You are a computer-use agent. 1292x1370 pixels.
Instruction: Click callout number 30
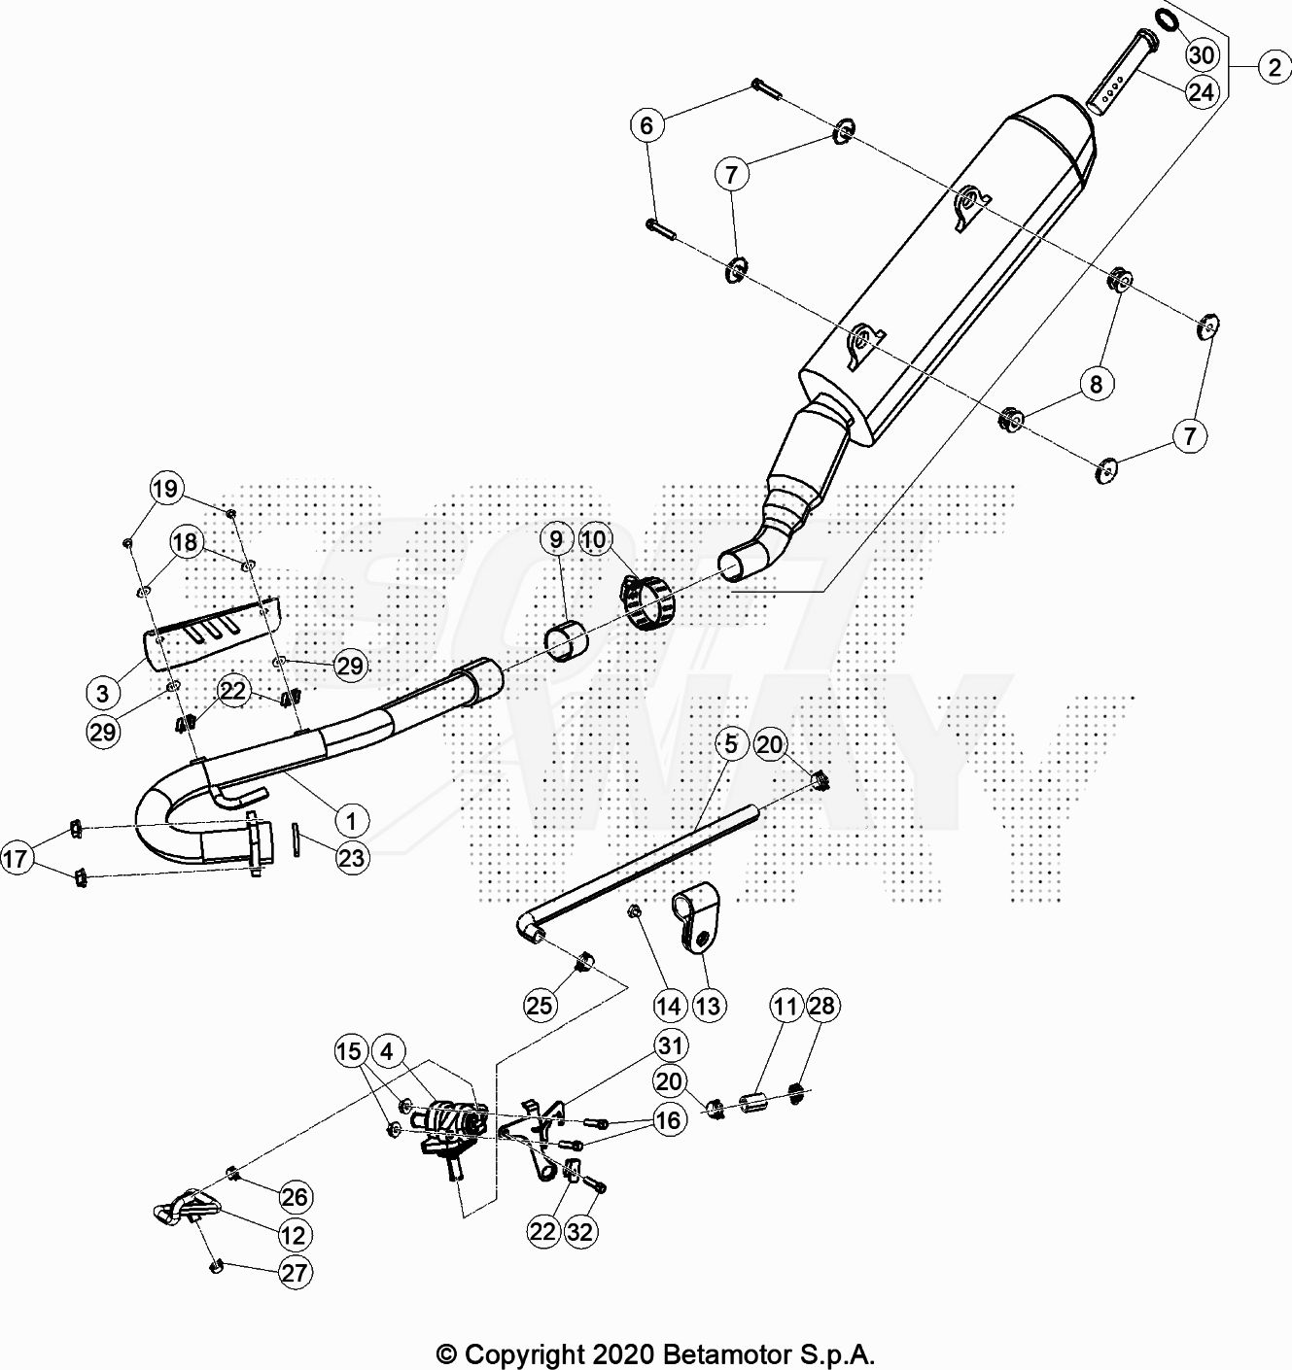tap(1203, 54)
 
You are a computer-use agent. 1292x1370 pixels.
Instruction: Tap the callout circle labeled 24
tap(1203, 91)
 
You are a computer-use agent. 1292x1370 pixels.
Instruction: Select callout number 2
tap(1275, 67)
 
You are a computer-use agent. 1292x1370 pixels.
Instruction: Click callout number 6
tap(647, 125)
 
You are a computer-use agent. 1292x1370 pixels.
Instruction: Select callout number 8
tap(1097, 384)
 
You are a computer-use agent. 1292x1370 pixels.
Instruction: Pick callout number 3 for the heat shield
tap(103, 693)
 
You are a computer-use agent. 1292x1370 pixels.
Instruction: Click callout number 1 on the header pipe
tap(352, 821)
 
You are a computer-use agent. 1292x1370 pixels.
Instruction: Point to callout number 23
tap(352, 858)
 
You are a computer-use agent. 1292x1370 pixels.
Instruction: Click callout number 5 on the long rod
tap(731, 744)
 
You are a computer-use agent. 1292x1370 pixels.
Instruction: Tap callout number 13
tap(709, 1006)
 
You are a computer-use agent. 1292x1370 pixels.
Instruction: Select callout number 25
tap(540, 1005)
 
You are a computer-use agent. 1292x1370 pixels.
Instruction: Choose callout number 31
tap(671, 1045)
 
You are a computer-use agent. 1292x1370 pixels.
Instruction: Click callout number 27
tap(295, 1273)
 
